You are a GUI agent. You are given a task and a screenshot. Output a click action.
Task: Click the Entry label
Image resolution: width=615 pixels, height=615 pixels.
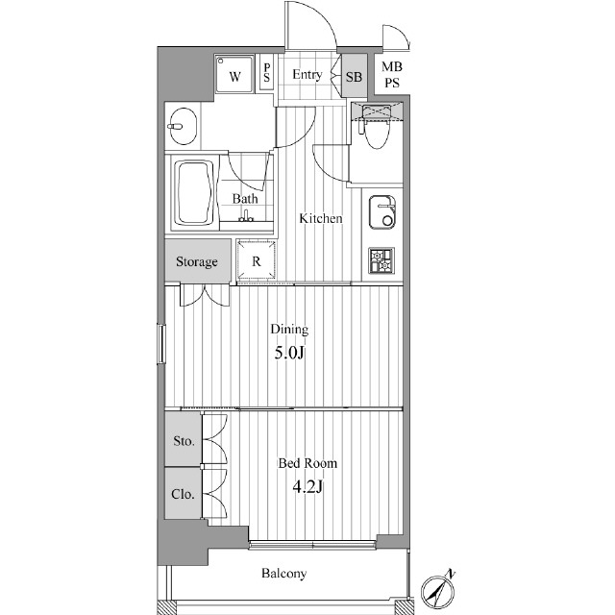coord(307,75)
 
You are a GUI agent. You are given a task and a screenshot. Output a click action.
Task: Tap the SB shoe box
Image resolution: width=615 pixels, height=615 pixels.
coord(355,76)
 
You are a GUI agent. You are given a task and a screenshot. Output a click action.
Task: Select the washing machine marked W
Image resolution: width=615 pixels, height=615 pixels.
coord(234,74)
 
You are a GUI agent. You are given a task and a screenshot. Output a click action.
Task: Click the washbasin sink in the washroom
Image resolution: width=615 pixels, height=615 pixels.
coord(184,126)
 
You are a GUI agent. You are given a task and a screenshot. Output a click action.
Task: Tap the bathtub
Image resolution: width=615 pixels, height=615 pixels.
coord(194,192)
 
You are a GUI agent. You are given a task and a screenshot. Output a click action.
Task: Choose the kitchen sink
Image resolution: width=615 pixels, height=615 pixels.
coord(382,211)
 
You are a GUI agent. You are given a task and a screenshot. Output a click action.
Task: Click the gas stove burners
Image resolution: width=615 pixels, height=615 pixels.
coord(381,260)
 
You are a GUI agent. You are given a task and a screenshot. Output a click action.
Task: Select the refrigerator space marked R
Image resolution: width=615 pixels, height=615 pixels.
coord(257,260)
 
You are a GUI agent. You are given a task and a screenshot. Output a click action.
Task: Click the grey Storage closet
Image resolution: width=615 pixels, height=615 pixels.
coord(197,260)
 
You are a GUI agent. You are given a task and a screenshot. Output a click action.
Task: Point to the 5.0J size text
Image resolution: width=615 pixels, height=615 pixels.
coord(289,354)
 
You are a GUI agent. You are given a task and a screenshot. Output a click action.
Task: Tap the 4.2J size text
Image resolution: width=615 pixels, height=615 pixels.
coord(307,487)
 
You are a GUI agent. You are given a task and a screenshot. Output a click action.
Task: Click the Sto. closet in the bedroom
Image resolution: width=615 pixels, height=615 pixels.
coord(184,438)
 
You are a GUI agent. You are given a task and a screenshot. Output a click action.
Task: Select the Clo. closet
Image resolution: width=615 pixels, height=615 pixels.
coord(184,493)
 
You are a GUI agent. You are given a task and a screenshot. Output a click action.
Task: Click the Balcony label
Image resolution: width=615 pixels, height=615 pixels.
coord(284,574)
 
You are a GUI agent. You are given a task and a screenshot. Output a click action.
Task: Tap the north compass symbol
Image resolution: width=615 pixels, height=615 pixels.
coord(438,591)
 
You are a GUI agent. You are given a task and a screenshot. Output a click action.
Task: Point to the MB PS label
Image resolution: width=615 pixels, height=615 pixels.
coord(392,75)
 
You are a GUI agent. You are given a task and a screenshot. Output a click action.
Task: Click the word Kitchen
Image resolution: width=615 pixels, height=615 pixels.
coord(321,218)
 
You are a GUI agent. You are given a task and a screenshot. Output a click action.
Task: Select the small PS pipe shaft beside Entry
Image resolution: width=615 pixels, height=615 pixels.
coord(267,73)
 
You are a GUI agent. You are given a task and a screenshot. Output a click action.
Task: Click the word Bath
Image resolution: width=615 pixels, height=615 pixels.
coord(245,199)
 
